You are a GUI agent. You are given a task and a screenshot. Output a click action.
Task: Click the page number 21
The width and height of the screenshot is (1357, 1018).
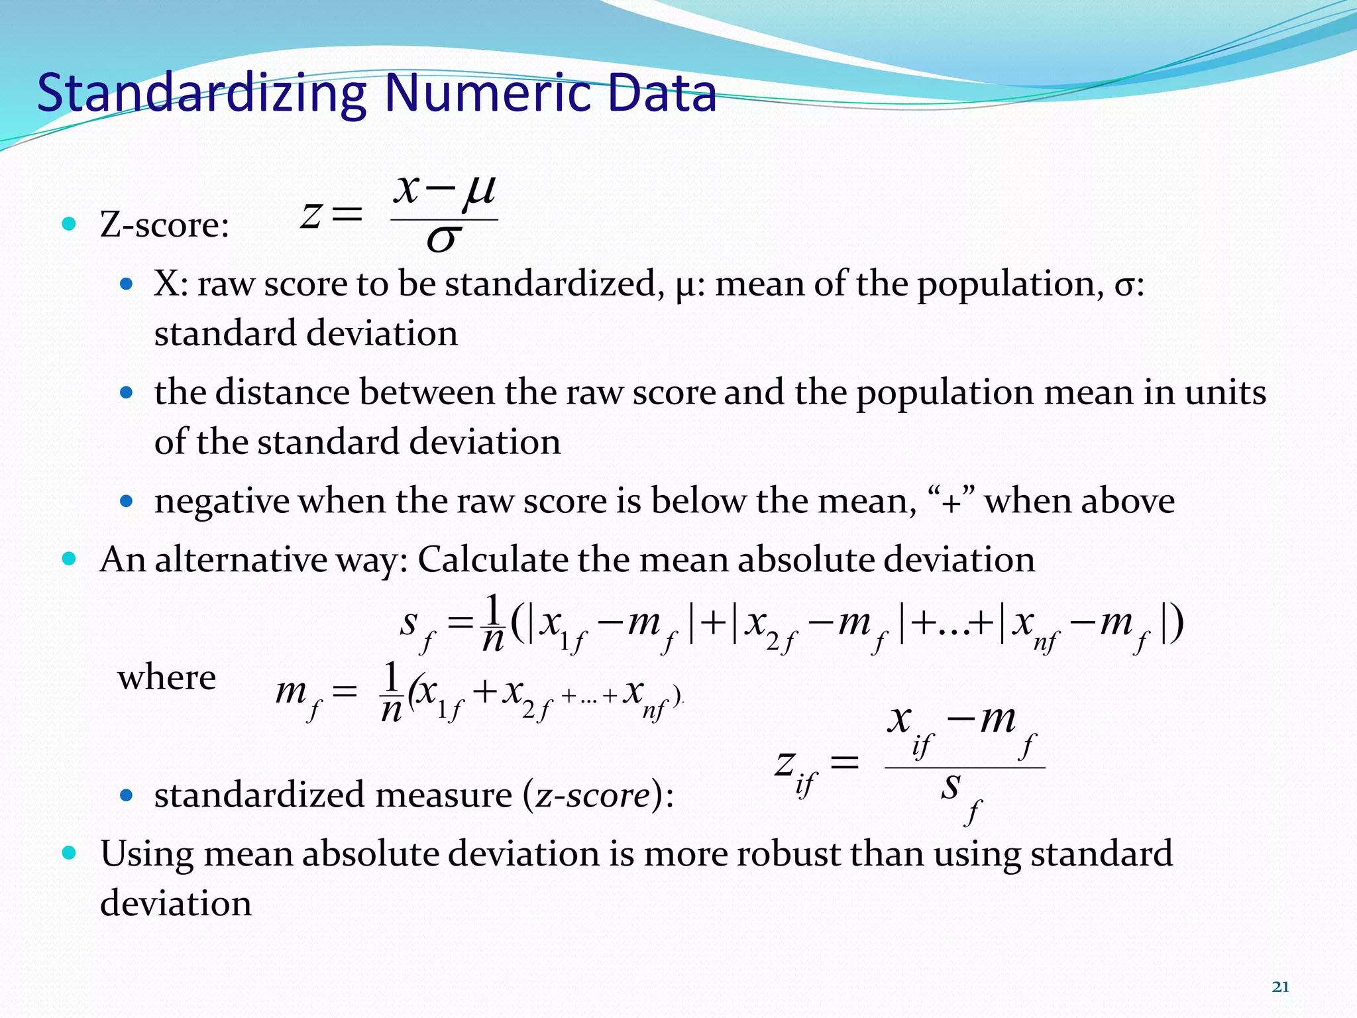pos(1280,987)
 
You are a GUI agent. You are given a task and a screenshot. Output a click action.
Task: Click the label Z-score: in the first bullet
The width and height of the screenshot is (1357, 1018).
pos(164,225)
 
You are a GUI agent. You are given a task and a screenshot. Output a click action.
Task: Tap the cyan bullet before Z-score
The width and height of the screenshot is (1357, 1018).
pos(69,223)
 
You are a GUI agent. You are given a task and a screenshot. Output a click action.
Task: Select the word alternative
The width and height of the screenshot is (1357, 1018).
pos(241,559)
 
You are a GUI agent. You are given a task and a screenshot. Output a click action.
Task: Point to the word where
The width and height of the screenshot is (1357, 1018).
pos(167,677)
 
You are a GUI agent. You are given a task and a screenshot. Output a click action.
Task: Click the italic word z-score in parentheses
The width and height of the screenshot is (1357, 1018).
pos(592,795)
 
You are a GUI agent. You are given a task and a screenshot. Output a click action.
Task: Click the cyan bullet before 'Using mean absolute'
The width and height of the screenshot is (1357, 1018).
pos(69,852)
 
